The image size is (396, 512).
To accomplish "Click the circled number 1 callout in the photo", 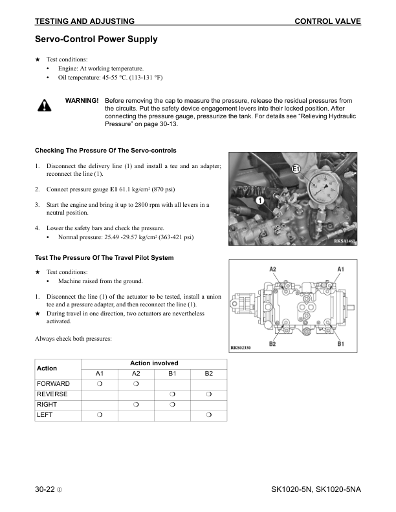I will pos(259,201).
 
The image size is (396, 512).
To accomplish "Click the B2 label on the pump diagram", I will pos(272,344).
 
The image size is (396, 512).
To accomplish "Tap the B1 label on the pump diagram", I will pos(340,344).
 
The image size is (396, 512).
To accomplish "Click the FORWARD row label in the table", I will pos(53,384).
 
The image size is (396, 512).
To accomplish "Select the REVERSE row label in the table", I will pos(52,394).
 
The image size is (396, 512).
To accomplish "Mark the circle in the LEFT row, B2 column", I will pos(209,414).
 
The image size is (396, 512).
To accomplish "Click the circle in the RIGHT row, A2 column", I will pos(136,404).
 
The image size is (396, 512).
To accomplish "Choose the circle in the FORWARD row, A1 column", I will pos(99,384).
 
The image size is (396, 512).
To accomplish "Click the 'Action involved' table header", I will pos(154,363).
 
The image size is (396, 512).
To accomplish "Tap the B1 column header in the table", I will pos(173,374).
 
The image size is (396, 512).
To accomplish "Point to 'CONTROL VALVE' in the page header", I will pos(327,21).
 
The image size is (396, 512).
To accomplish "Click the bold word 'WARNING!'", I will pos(82,101).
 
